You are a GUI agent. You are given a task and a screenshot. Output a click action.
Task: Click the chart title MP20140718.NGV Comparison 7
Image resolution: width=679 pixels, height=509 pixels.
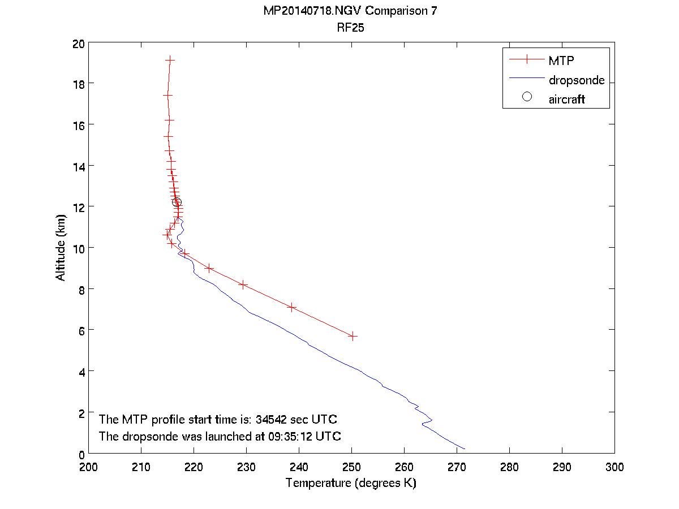(x=350, y=11)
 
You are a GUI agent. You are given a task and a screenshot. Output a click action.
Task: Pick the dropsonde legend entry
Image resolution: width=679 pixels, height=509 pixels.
(x=576, y=80)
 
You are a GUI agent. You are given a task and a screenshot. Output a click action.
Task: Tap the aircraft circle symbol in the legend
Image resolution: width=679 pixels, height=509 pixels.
(x=527, y=97)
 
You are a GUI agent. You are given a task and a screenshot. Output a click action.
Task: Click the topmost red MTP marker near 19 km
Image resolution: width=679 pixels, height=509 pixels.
(x=170, y=59)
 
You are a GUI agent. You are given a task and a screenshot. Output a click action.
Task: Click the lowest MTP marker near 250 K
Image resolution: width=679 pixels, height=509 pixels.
(x=353, y=336)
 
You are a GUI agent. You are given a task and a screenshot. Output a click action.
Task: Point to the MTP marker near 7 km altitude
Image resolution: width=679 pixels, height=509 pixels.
(x=292, y=307)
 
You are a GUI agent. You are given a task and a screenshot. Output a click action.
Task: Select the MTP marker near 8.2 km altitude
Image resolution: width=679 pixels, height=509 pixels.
(x=243, y=285)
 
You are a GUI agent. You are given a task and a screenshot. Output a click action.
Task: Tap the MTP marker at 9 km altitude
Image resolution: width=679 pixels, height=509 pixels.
(x=209, y=268)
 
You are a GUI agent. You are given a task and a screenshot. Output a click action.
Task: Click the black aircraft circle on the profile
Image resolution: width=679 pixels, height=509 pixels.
(x=177, y=202)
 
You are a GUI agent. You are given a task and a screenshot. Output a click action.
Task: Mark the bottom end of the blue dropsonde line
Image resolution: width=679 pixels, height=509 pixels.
(x=465, y=449)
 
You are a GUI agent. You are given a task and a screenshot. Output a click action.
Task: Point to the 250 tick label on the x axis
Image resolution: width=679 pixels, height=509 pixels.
(x=351, y=467)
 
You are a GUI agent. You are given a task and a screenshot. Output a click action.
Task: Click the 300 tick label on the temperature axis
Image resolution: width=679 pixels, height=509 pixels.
(x=614, y=467)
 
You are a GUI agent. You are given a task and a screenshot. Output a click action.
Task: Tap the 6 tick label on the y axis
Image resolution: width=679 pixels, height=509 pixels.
(x=81, y=330)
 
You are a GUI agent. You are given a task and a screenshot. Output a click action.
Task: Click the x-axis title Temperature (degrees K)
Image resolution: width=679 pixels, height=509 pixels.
(x=351, y=483)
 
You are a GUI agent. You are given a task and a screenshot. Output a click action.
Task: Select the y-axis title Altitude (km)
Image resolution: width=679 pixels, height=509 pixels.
(x=61, y=248)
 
